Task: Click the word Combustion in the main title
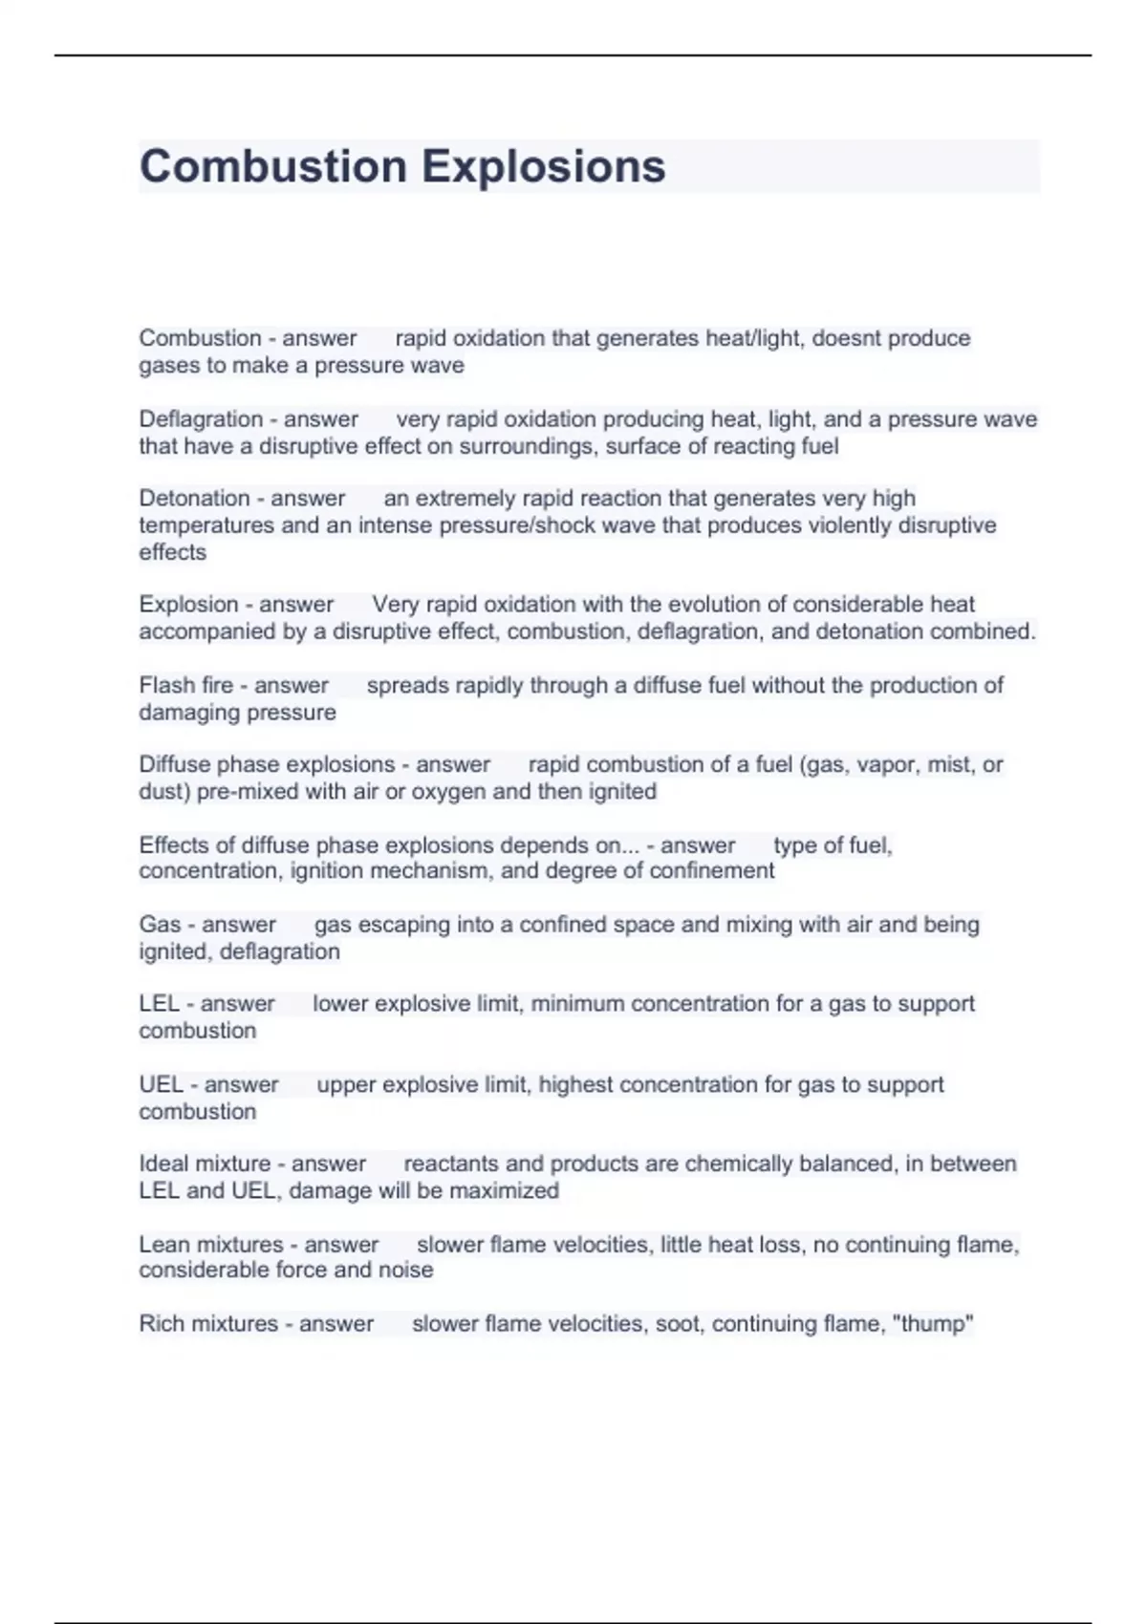pyautogui.click(x=273, y=166)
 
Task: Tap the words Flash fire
pyautogui.click(x=185, y=686)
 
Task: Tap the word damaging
pyautogui.click(x=182, y=713)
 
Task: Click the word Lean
pyautogui.click(x=162, y=1245)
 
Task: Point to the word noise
pyautogui.click(x=406, y=1271)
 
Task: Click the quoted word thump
pyautogui.click(x=932, y=1324)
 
